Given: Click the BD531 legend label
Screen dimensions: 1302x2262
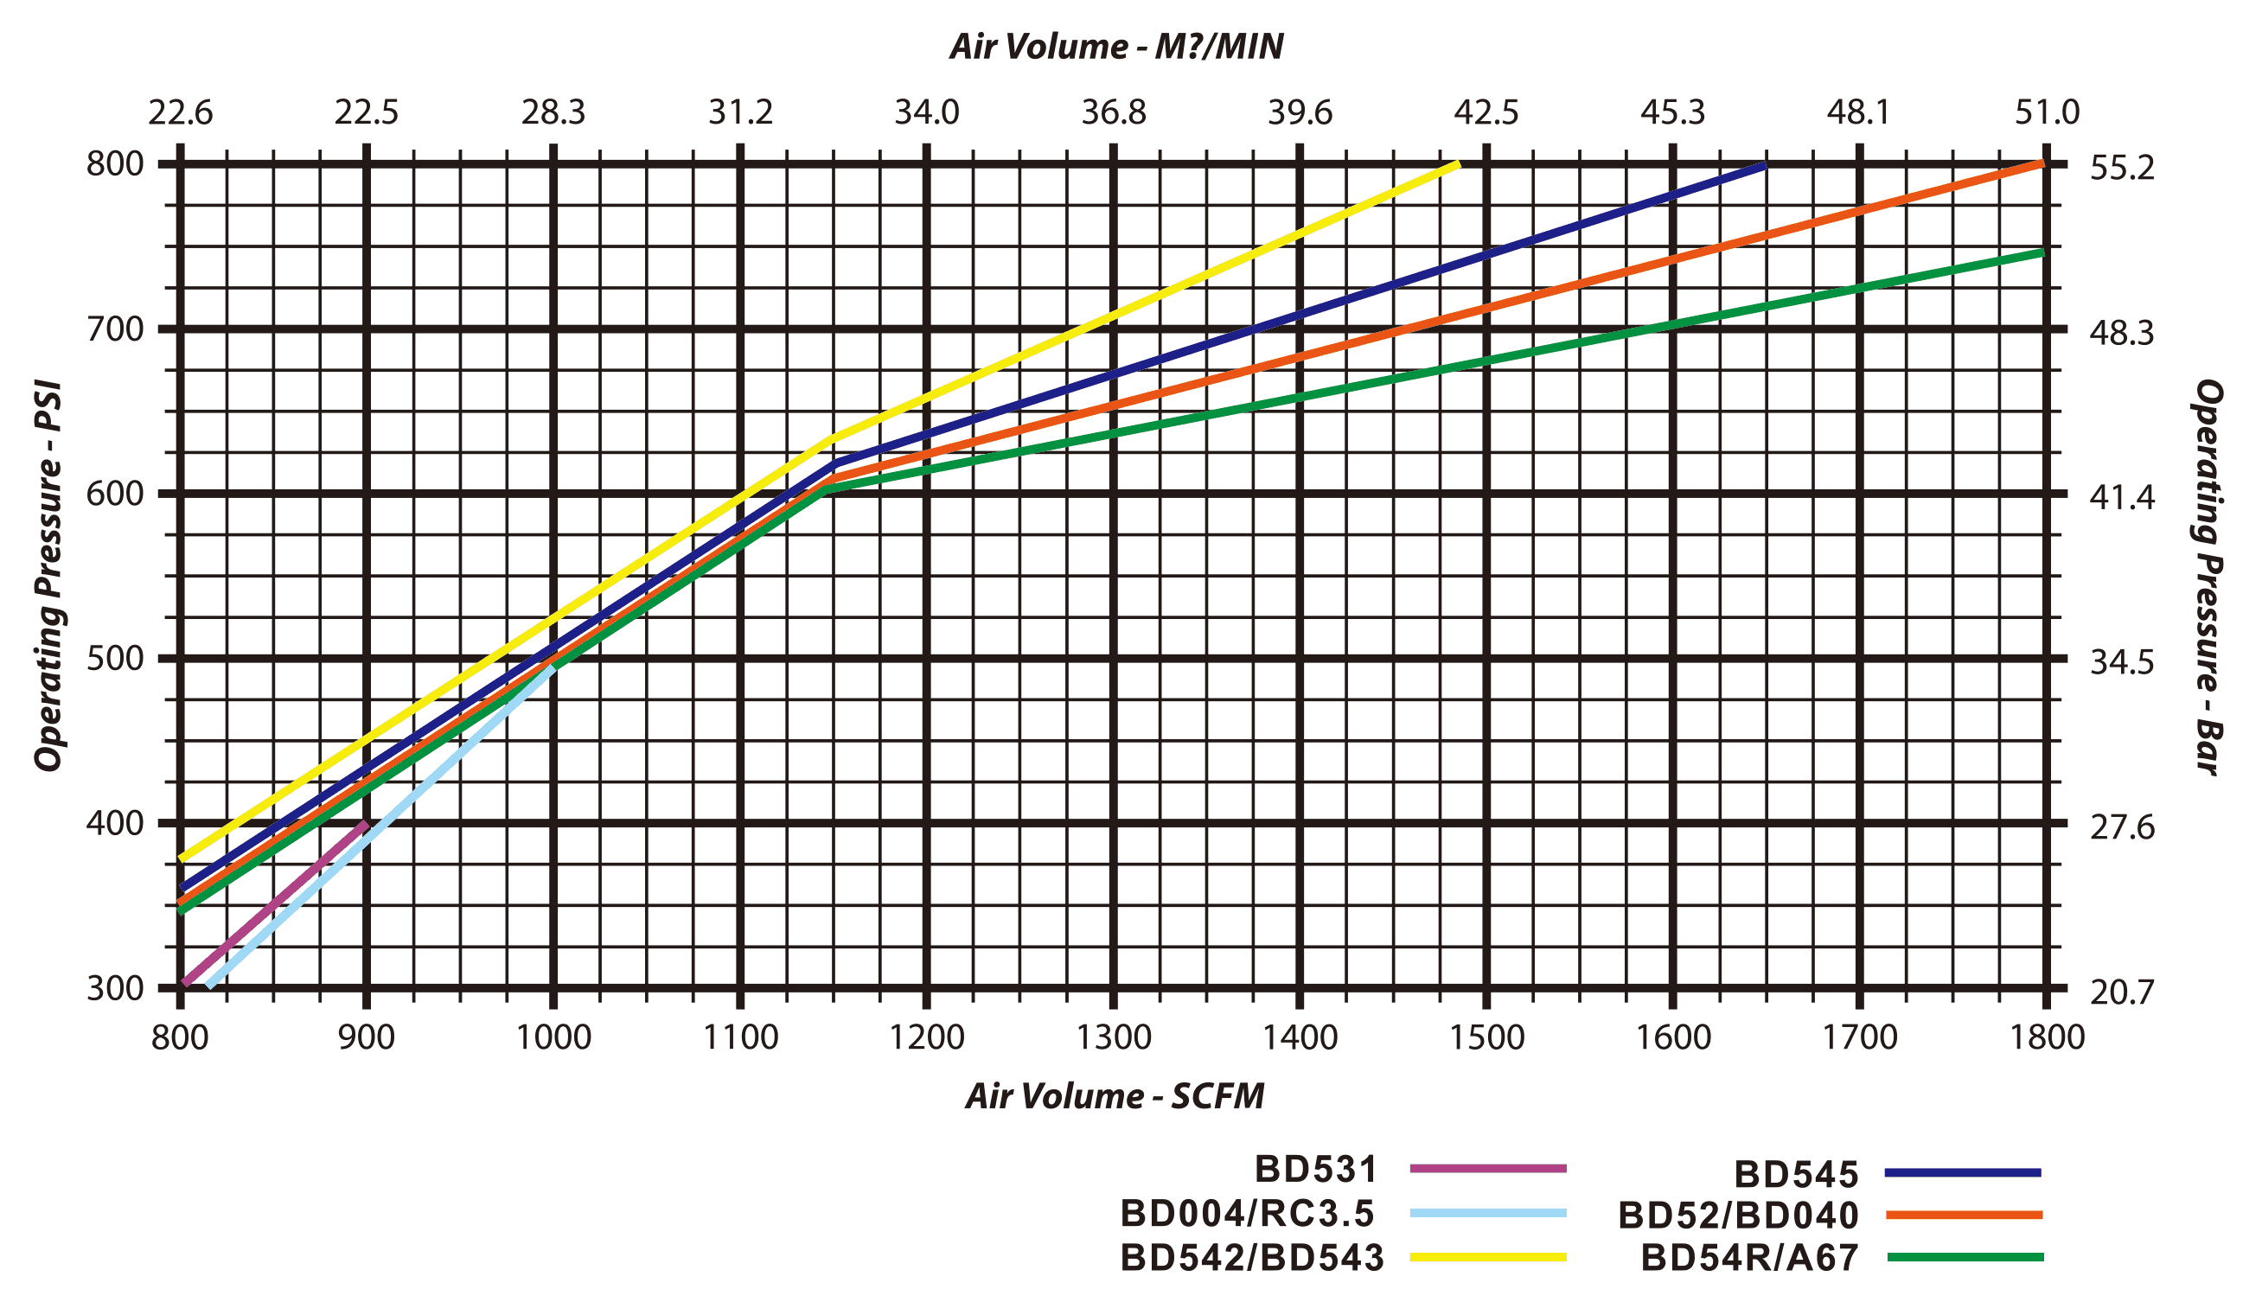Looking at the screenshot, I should coord(1316,1169).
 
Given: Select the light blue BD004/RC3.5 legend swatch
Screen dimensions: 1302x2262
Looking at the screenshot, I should coord(1488,1213).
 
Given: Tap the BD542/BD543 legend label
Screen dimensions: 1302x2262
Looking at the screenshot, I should coord(1252,1257).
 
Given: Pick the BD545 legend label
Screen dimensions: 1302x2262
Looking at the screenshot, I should coord(1797,1173).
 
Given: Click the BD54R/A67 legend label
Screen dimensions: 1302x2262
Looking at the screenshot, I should coord(1751,1258).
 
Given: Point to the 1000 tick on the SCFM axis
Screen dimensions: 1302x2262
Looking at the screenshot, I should coord(554,1037).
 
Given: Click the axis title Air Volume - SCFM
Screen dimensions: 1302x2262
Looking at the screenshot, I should coord(1115,1096).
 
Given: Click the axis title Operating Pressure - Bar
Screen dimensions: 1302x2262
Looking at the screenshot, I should coord(2208,577).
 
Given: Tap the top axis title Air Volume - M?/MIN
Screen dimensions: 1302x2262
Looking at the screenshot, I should coord(1115,47).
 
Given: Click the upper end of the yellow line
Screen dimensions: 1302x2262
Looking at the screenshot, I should coord(1457,164).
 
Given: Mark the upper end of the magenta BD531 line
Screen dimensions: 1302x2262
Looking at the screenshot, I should coord(365,823).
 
